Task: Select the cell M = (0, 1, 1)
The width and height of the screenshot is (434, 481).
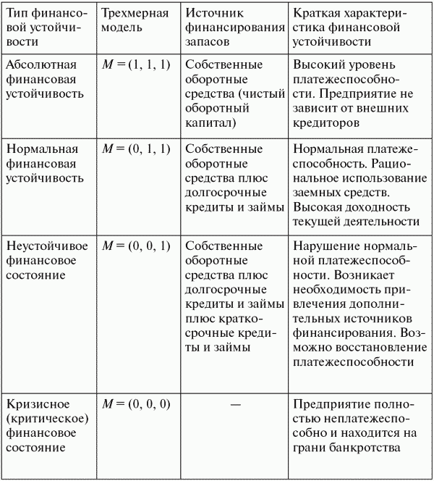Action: point(135,149)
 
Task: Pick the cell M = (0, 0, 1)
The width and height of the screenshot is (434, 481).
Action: point(135,246)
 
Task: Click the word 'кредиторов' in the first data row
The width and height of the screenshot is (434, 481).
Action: point(323,122)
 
